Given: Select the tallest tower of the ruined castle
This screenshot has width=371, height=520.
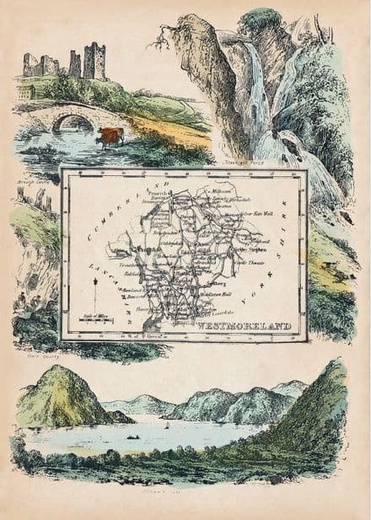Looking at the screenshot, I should (x=95, y=61).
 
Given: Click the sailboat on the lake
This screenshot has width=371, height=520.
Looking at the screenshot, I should (x=166, y=426).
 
